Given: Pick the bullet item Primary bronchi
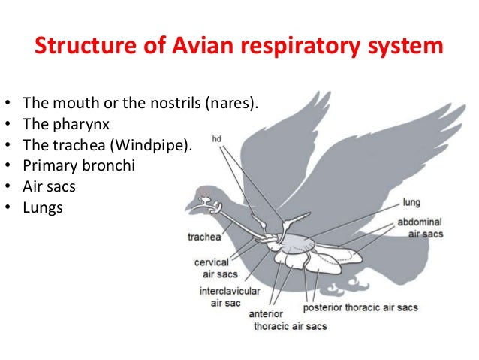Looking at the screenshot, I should coord(79,165).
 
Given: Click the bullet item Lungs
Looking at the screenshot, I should coord(44,208).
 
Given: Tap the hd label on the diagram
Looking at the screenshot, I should coord(217,139).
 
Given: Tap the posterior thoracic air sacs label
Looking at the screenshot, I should coord(360,307).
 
